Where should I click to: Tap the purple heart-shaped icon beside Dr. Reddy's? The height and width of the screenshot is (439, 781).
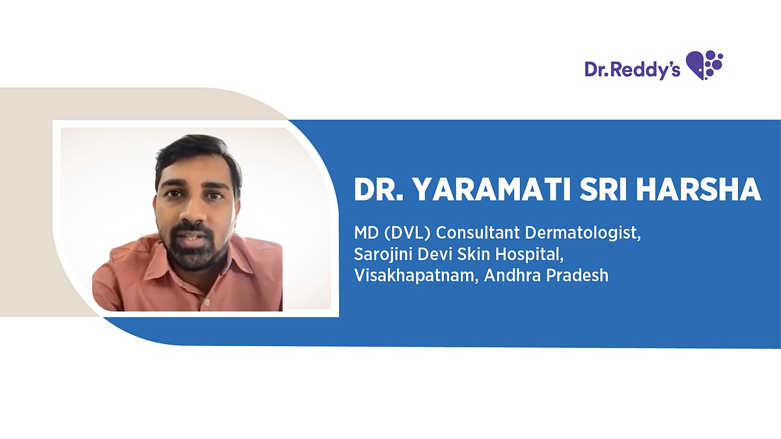(x=705, y=64)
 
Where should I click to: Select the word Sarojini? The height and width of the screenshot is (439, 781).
(x=382, y=254)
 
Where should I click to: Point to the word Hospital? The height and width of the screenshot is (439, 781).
(x=531, y=254)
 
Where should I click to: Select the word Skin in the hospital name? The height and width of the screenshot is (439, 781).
(x=474, y=254)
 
